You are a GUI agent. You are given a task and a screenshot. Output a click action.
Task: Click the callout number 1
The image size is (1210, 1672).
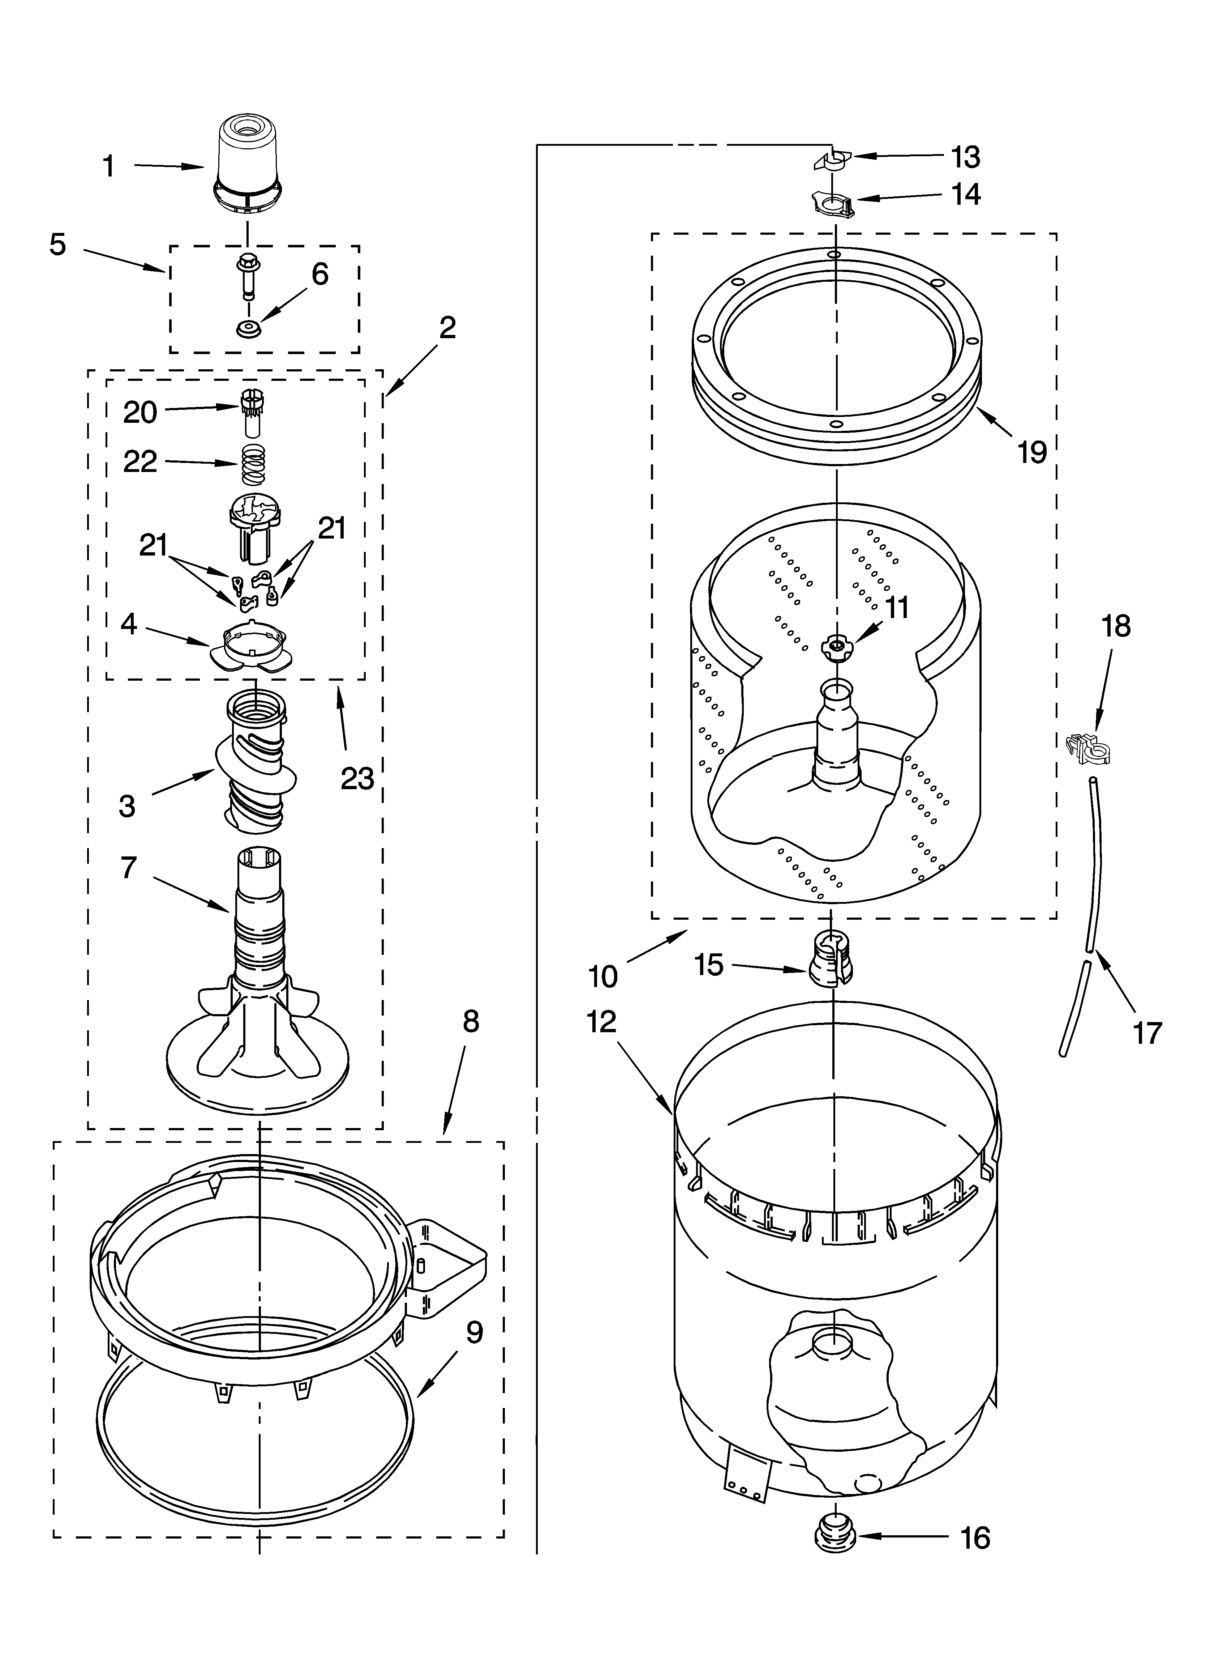point(109,167)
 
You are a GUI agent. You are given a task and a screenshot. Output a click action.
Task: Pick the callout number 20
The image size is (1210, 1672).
point(140,412)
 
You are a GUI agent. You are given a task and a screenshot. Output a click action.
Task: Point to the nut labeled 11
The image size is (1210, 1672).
point(836,646)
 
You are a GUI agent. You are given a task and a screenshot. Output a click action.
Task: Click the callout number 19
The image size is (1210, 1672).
point(1032,451)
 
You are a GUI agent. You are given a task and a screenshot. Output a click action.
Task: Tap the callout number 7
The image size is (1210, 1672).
point(129,868)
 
